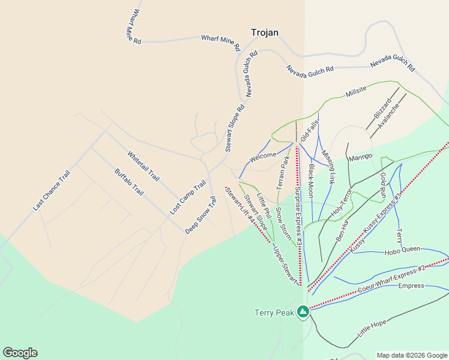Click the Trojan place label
coord(264,33)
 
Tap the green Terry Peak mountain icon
coord(304,312)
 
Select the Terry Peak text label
coord(274,313)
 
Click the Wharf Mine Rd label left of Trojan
coord(220,42)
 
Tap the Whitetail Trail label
coord(143,166)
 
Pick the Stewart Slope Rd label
coord(235,129)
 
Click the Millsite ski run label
coord(356,92)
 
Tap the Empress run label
coord(411,286)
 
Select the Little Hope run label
coord(372,328)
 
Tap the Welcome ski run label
coord(263,157)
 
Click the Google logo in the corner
coord(20,353)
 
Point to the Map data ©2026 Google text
coord(411,355)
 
